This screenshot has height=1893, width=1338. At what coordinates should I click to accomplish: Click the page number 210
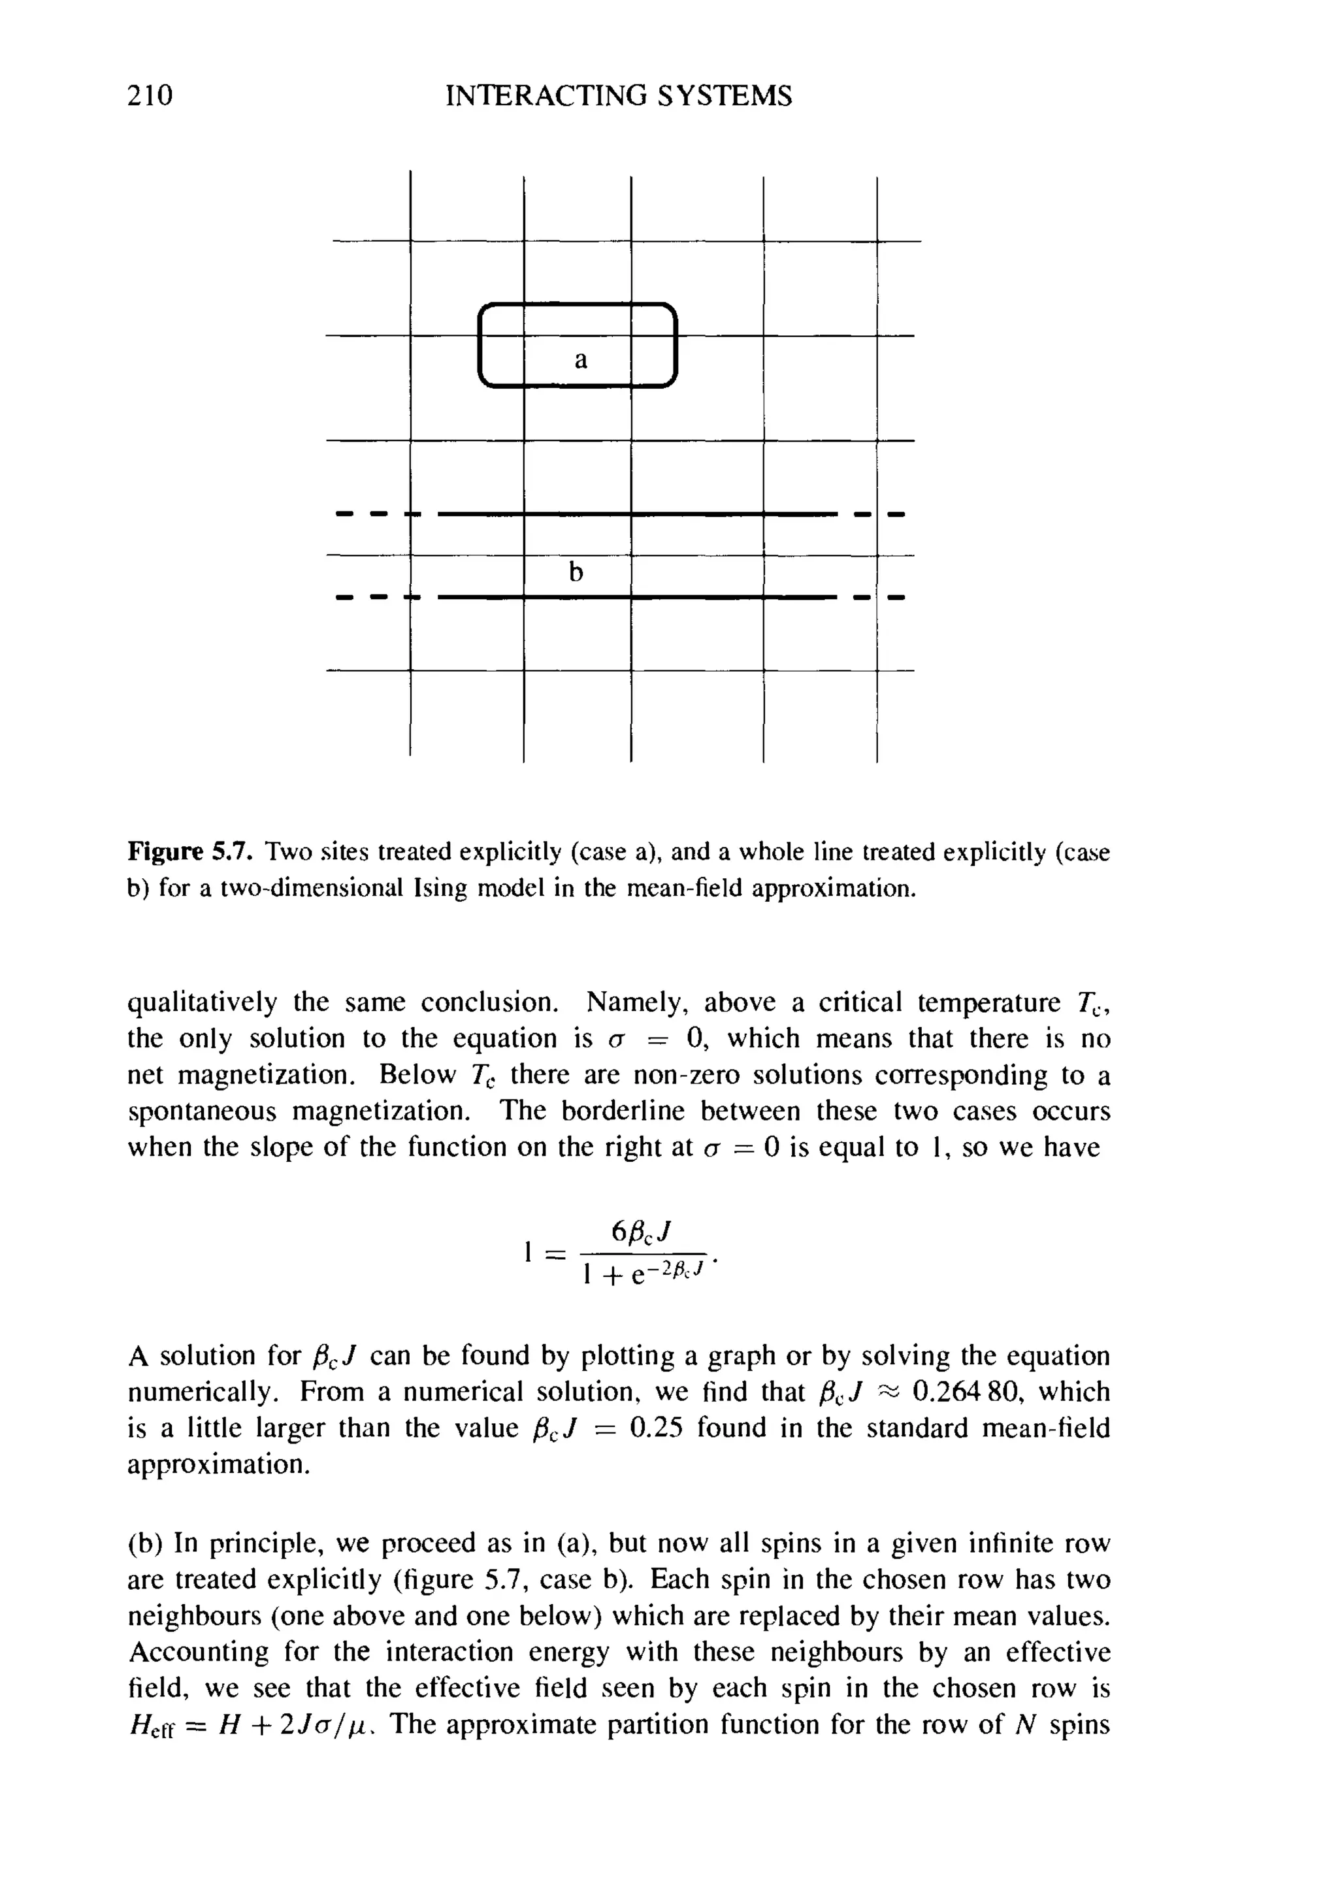pyautogui.click(x=150, y=95)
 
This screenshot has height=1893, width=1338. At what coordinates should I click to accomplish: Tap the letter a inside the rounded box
pyautogui.click(x=581, y=360)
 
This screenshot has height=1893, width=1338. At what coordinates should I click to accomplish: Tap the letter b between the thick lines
pyautogui.click(x=576, y=570)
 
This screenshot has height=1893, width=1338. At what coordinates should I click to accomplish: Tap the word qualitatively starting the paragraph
pyautogui.click(x=202, y=1002)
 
